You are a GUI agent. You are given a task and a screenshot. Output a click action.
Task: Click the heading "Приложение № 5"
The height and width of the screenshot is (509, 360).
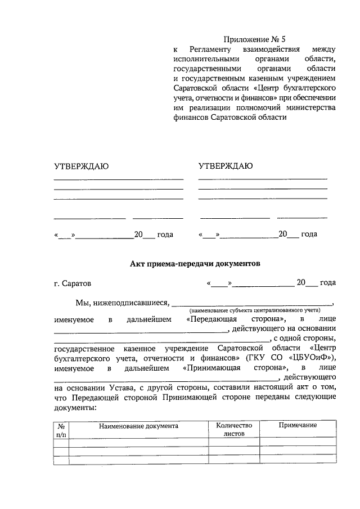pos(254,39)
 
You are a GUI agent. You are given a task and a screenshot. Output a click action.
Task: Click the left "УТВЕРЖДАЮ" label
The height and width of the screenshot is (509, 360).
pos(81,166)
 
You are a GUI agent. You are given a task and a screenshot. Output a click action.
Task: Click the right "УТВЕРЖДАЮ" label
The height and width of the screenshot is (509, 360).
pos(226,166)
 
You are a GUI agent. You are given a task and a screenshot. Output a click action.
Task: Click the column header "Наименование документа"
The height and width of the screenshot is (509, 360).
pos(138,426)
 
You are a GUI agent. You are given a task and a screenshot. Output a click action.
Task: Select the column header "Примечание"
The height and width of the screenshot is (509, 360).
pos(298,425)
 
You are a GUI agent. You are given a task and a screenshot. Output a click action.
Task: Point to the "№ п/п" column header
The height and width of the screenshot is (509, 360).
pos(61,430)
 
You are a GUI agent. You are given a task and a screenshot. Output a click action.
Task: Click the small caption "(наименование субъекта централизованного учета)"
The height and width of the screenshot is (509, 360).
pos(254,310)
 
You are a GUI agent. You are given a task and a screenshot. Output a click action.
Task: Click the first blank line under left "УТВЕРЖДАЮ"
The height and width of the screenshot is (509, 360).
pos(119,179)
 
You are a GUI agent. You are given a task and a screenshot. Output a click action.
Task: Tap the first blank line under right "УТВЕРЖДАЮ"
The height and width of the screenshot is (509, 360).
pos(263,178)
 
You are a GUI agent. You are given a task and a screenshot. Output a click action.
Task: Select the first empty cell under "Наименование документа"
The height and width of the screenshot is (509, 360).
pos(138,442)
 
